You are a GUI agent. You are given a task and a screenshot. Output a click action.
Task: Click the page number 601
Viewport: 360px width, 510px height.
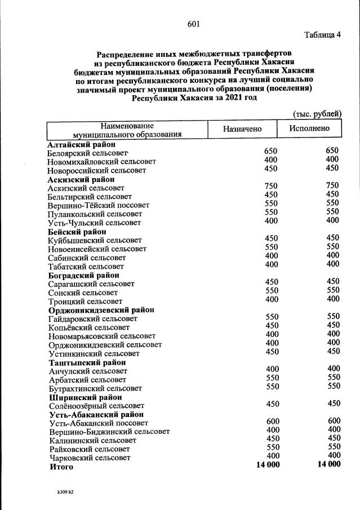pos(194,24)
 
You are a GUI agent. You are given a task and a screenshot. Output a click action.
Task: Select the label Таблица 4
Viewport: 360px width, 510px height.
pos(322,36)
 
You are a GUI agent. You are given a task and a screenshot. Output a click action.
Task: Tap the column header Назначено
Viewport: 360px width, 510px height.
pos(242,129)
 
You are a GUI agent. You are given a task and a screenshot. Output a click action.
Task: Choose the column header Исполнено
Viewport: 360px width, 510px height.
pos(309,128)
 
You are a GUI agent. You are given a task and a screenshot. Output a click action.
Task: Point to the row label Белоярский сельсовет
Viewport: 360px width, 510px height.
pos(88,153)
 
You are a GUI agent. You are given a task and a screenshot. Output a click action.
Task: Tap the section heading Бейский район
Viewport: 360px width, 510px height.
pos(77,232)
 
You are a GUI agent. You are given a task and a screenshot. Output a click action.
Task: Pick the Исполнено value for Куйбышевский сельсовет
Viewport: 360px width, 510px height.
pos(333,238)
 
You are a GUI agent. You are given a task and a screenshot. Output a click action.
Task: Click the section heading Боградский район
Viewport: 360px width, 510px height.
pos(83,275)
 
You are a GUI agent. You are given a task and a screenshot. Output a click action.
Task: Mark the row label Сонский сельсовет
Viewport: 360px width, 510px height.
pos(83,292)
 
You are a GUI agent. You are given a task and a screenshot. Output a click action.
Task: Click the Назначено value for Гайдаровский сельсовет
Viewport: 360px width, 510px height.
pos(272,317)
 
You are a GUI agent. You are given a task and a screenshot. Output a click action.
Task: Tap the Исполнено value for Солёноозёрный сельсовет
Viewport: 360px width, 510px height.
pos(333,403)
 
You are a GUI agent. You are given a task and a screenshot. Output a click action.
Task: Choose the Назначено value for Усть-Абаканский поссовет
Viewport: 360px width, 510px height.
pos(272,421)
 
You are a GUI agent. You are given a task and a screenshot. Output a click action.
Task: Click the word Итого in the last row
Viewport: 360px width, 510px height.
pos(61,467)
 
